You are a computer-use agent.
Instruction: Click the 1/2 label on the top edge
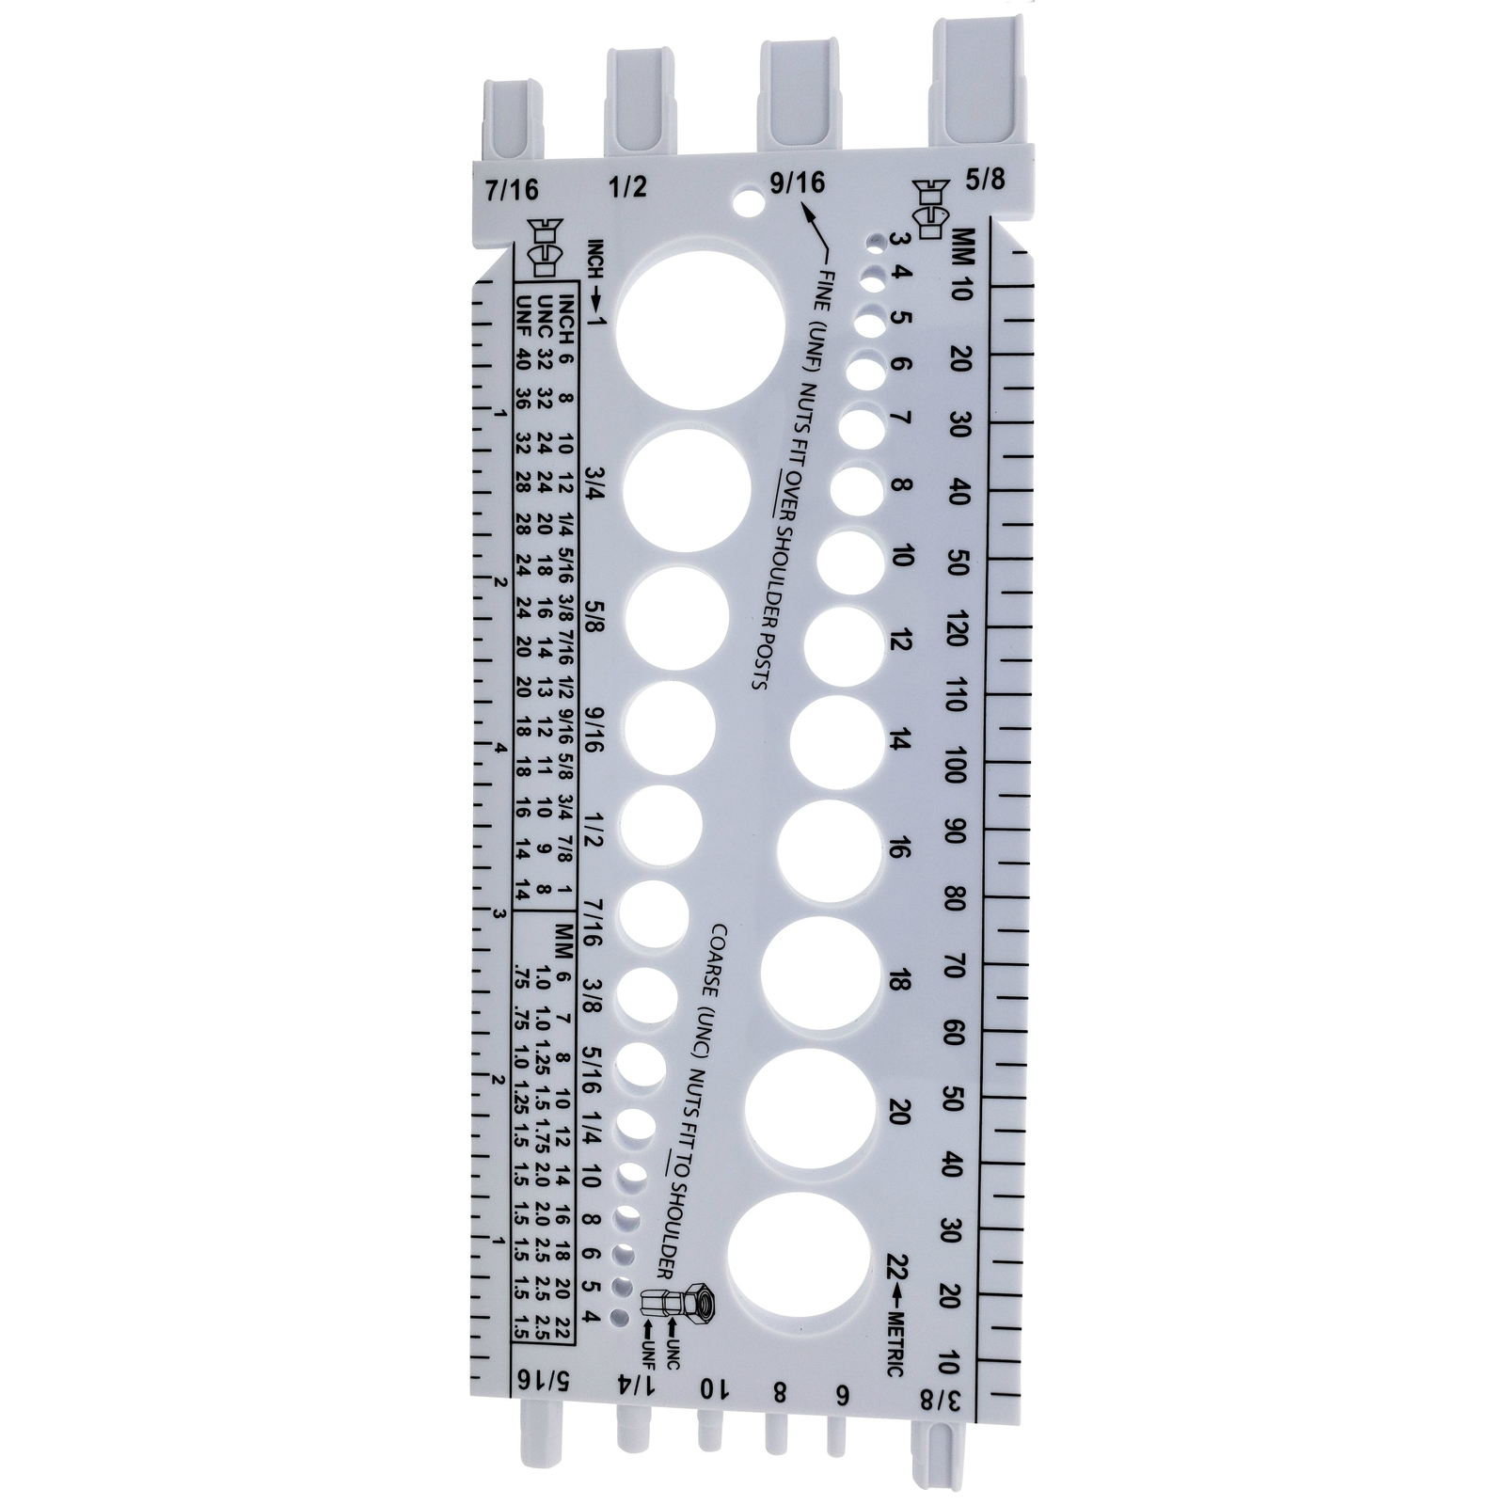tap(627, 186)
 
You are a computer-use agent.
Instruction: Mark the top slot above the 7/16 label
tap(514, 118)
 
